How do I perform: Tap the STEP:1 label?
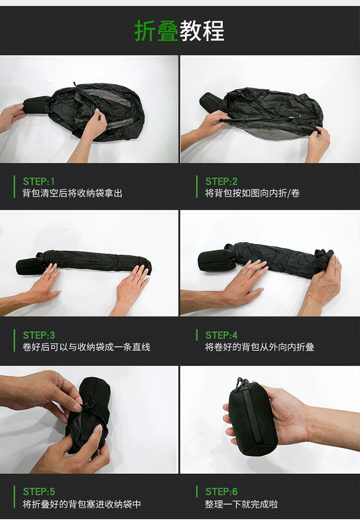(x=39, y=181)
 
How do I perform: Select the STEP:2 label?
(x=221, y=181)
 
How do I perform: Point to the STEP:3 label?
(x=39, y=335)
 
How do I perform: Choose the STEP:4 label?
(x=221, y=335)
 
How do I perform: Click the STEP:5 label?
(x=39, y=491)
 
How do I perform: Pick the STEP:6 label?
(x=221, y=491)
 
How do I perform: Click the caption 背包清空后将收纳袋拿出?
(x=72, y=193)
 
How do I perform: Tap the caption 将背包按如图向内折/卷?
(x=252, y=193)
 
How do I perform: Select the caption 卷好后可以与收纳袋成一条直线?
(x=86, y=347)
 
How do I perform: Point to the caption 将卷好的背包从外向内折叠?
(x=260, y=347)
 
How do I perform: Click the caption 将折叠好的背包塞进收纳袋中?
(x=82, y=504)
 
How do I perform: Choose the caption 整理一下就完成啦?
(x=241, y=504)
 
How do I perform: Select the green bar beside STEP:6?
(x=197, y=491)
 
